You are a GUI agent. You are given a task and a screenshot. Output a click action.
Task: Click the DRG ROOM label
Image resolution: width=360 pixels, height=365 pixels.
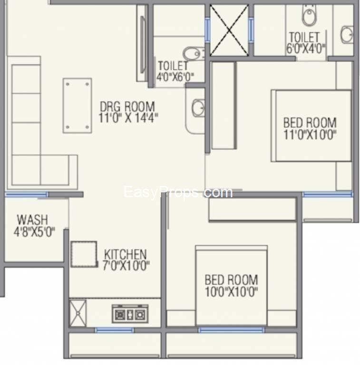(127, 106)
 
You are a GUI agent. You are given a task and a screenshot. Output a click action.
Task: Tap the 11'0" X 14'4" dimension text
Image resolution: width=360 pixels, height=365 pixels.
(128, 117)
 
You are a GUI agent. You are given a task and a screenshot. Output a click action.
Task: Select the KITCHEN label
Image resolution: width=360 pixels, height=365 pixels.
(125, 254)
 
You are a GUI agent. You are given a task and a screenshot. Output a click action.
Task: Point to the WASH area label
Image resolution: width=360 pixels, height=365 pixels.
(33, 220)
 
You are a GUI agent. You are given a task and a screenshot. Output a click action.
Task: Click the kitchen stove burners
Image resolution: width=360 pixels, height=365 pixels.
(130, 314)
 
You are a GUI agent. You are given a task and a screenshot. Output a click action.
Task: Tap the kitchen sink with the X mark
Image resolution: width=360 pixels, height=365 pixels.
(78, 313)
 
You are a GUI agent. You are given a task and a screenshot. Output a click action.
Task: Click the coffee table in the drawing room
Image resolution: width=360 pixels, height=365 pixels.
(78, 106)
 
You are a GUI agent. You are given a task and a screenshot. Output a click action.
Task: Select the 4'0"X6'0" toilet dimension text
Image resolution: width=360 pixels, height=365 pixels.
(175, 77)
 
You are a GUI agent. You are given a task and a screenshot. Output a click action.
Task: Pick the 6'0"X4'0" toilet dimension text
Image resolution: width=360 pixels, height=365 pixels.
(305, 48)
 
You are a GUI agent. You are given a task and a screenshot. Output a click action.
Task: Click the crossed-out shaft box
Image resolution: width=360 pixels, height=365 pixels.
(229, 30)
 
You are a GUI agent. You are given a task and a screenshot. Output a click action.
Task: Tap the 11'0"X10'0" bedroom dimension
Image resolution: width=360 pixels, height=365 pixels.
(310, 134)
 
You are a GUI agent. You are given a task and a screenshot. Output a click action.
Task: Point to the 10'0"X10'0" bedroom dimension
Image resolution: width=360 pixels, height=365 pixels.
(231, 292)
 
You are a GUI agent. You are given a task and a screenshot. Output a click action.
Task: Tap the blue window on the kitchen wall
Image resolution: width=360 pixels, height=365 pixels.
(114, 330)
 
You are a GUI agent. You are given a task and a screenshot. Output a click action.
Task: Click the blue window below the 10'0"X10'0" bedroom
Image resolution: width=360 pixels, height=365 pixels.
(232, 330)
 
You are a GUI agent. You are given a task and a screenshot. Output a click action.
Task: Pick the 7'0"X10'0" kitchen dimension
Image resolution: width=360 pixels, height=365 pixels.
(126, 265)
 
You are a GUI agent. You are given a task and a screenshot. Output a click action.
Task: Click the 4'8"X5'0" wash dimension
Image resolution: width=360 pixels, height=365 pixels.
(34, 232)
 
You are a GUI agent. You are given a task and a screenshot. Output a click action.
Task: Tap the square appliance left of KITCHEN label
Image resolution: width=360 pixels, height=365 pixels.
(84, 254)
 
